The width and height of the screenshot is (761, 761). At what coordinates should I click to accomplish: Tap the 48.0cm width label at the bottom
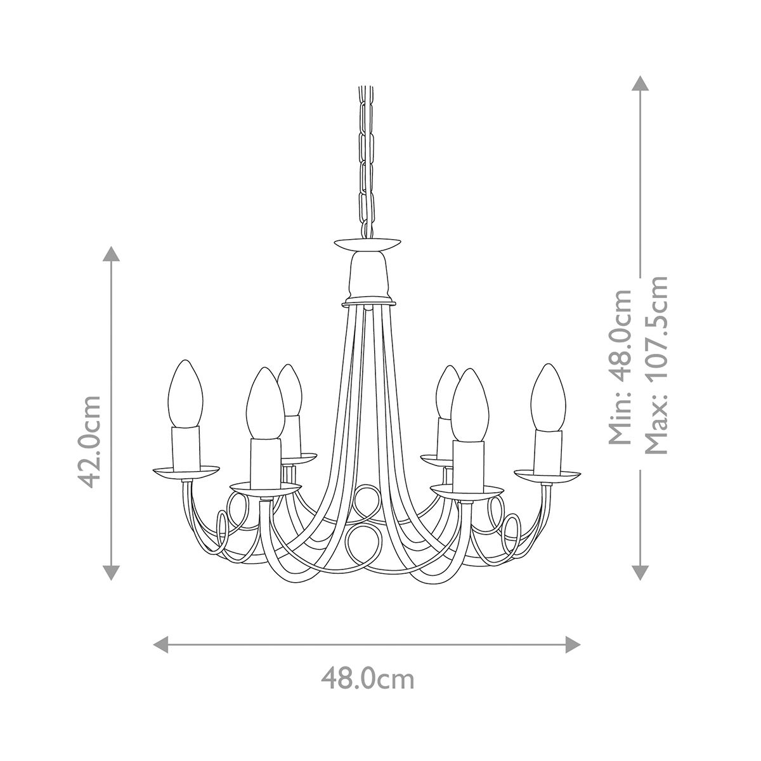point(367,679)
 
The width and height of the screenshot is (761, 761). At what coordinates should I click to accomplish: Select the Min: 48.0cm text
point(620,368)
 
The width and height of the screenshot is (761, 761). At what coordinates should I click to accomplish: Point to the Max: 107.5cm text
point(656,365)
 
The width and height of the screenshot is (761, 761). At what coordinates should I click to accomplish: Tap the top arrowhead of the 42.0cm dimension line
point(112,253)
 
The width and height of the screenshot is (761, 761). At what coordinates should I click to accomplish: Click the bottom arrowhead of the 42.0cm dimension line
point(112,573)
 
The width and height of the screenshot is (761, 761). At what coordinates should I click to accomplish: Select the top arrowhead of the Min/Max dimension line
point(641,83)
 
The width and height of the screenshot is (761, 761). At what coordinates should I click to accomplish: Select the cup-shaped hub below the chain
point(367,275)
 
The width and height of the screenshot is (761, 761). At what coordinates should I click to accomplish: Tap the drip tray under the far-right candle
point(547,474)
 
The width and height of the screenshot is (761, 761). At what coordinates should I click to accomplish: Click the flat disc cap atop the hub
point(367,243)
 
